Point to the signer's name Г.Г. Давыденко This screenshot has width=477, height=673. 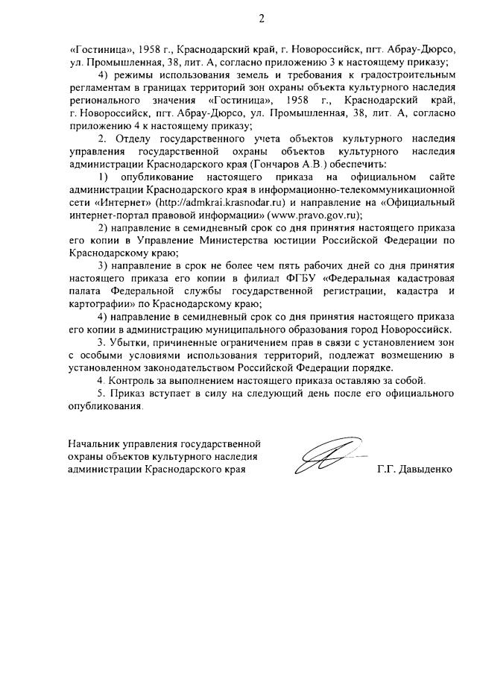point(414,470)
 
